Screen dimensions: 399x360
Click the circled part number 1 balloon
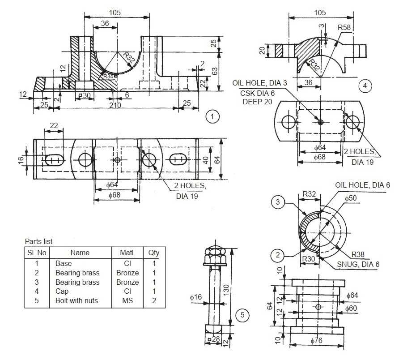(212, 117)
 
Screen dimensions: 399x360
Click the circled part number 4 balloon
(365, 86)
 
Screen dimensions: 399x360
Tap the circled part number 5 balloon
(242, 315)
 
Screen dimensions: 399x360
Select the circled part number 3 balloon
(278, 202)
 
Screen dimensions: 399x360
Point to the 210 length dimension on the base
(115, 105)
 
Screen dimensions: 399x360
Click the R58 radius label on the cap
(344, 27)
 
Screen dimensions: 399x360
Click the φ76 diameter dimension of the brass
(317, 340)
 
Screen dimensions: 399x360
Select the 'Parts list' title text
(38, 241)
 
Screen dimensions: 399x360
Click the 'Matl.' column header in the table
(127, 253)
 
